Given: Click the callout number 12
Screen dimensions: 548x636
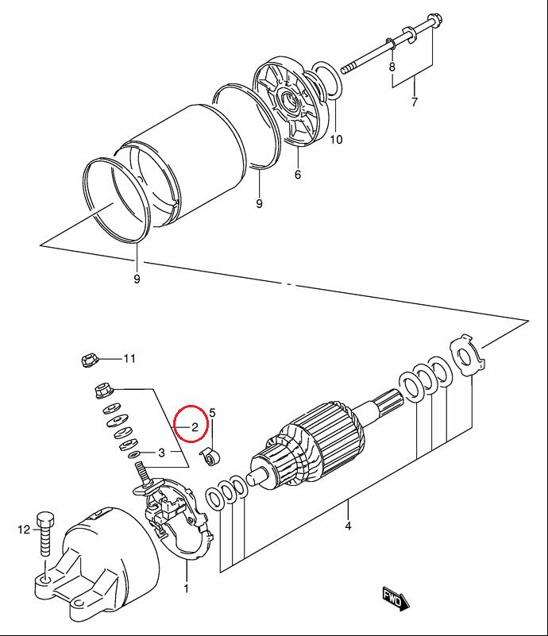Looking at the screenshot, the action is (x=24, y=530).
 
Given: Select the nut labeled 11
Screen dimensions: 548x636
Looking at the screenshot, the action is (x=88, y=360).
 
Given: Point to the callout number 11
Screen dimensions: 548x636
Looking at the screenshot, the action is (x=129, y=359).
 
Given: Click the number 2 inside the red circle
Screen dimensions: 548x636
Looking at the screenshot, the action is (x=195, y=426).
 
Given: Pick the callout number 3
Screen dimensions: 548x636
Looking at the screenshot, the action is (x=161, y=453).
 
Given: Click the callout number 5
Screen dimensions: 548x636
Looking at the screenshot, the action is (x=213, y=413).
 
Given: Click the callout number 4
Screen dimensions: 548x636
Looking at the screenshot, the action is (x=348, y=526).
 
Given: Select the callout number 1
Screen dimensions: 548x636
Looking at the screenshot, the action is (x=186, y=588).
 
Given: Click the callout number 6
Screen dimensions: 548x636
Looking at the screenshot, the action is (x=298, y=175).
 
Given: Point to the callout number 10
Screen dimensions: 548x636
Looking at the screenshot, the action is (x=336, y=140).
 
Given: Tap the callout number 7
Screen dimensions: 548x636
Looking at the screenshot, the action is (x=414, y=102).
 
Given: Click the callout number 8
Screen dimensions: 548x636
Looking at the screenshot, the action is (x=392, y=67).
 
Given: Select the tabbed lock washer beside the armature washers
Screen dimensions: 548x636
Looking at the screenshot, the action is (x=467, y=354).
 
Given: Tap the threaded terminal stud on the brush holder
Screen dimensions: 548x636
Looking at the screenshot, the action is (x=141, y=472).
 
